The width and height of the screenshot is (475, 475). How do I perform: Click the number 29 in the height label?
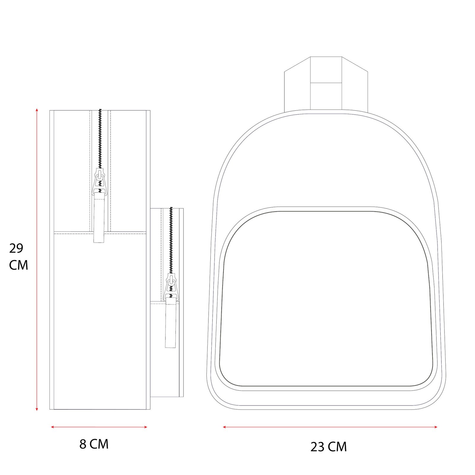pos(16,248)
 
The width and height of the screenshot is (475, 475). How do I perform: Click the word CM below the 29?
pos(18,265)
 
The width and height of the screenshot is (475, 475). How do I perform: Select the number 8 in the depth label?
pos(83,444)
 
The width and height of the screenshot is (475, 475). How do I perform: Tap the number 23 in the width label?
pos(317,447)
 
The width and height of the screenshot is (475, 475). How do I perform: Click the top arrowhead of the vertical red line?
pos(37,110)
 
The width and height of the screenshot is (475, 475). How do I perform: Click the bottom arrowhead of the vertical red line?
pos(37,409)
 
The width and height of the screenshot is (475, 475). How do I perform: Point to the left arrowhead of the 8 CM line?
pos(53,427)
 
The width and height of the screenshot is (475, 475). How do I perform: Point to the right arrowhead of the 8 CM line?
pos(145,427)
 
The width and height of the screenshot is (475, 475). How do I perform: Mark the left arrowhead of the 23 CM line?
pos(224,427)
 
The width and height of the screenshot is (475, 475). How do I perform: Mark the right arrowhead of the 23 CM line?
pos(436,427)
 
